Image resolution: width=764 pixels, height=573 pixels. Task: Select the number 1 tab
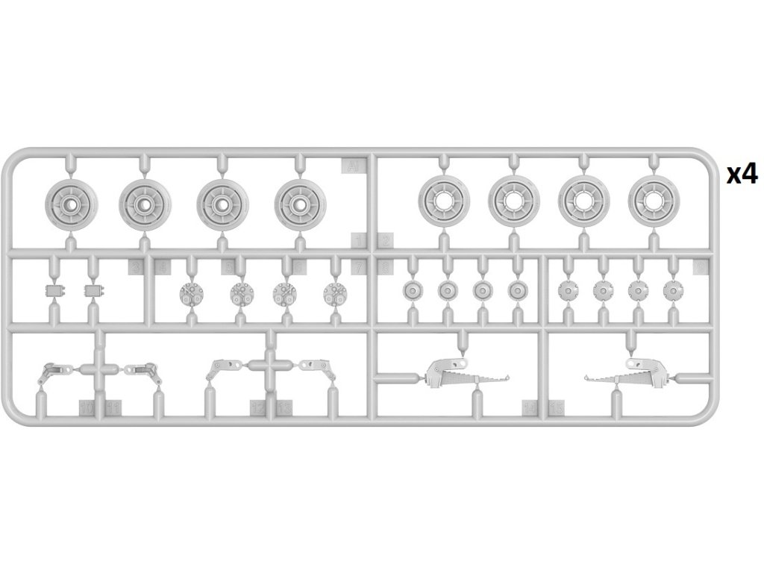pos(359,240)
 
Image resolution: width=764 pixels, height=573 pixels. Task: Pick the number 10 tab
pos(87,407)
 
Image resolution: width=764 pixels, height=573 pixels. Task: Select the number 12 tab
pos(257,407)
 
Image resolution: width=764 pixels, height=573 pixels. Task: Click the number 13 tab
pos(284,407)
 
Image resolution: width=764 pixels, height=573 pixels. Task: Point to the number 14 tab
pos(530,407)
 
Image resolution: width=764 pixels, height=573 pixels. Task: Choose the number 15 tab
pos(557,407)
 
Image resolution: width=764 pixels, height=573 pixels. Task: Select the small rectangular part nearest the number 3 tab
pos(93,289)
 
